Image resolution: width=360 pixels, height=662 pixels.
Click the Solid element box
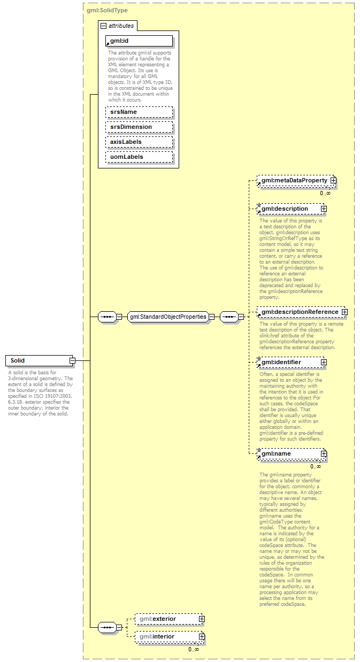pos(37,360)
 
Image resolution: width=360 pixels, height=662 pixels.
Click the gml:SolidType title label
pos(107,10)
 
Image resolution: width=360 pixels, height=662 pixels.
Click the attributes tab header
pos(118,25)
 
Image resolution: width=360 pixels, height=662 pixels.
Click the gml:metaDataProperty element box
pos(294,181)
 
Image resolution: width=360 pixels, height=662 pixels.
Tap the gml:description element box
pos(289,209)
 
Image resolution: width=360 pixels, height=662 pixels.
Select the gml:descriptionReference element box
pos(300,312)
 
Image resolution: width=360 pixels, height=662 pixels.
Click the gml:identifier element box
pos(289,362)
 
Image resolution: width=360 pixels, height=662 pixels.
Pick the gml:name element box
pos(289,453)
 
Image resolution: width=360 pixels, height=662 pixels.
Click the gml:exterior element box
pos(166,619)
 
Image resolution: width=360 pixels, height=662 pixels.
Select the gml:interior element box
pos(166,636)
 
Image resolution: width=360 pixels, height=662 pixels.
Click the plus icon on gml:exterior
pos(202,619)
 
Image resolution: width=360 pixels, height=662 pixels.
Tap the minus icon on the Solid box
pos(72,360)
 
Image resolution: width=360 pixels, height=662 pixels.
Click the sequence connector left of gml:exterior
pos(108,627)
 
